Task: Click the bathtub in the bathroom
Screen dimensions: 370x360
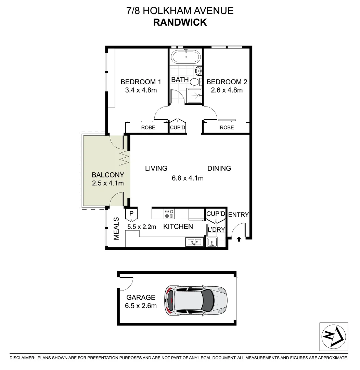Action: pyautogui.click(x=186, y=57)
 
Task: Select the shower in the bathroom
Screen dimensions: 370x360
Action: pyautogui.click(x=193, y=96)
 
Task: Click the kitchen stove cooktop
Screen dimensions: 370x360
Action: pyautogui.click(x=169, y=214)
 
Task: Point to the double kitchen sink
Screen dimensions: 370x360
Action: pyautogui.click(x=194, y=242)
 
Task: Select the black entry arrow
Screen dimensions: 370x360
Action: pyautogui.click(x=239, y=239)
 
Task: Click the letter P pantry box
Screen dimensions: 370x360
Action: pyautogui.click(x=132, y=214)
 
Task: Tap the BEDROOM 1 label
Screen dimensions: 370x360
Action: pyautogui.click(x=141, y=82)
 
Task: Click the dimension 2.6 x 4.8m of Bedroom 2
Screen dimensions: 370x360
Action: pyautogui.click(x=227, y=90)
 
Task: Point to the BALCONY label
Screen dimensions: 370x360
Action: pyautogui.click(x=108, y=175)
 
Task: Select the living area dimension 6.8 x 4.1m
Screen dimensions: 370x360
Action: pyautogui.click(x=188, y=178)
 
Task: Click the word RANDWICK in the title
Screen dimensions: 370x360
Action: pyautogui.click(x=180, y=22)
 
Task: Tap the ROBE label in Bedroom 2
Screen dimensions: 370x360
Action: pyautogui.click(x=227, y=127)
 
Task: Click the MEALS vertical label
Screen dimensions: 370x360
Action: pyautogui.click(x=116, y=229)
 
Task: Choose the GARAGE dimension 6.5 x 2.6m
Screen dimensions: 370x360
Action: pyautogui.click(x=141, y=306)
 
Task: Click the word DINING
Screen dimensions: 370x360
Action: pyautogui.click(x=219, y=168)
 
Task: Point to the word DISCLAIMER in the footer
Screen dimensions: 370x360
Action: pyautogui.click(x=22, y=358)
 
